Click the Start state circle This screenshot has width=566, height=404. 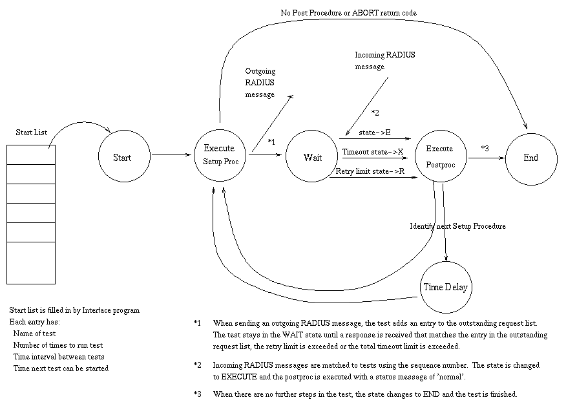pos(122,157)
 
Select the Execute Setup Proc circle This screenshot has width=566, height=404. pos(220,155)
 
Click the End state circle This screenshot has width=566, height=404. pos(530,157)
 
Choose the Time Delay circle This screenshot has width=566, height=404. pos(445,287)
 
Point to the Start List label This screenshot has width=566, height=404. pos(32,133)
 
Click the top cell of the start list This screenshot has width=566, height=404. pos(31,154)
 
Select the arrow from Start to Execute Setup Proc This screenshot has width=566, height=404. pos(171,154)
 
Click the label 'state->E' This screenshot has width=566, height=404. pos(375,133)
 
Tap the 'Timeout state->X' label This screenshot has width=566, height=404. pos(373,152)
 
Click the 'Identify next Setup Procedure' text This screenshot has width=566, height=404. pos(458,226)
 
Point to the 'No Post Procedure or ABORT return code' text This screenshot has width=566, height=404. pos(348,12)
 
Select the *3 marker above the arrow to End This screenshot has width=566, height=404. pos(485,148)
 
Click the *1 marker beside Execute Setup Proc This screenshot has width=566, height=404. pos(271,142)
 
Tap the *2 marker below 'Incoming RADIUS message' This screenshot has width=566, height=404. pos(375,113)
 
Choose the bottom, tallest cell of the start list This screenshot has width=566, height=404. pos(31,262)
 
